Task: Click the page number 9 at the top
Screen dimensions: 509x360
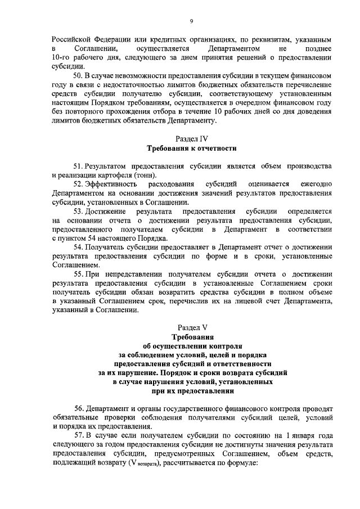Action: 191,21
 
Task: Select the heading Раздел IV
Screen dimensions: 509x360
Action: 191,138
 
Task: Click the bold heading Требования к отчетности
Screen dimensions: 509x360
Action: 191,148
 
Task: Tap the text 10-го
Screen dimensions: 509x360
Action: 60,57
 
